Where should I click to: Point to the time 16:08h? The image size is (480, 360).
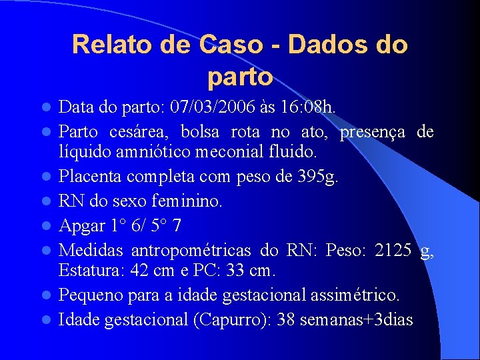click(x=312, y=107)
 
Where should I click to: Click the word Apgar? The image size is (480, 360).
click(x=82, y=226)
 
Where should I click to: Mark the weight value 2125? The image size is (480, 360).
click(x=393, y=251)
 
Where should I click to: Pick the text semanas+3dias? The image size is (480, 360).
click(x=357, y=320)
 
